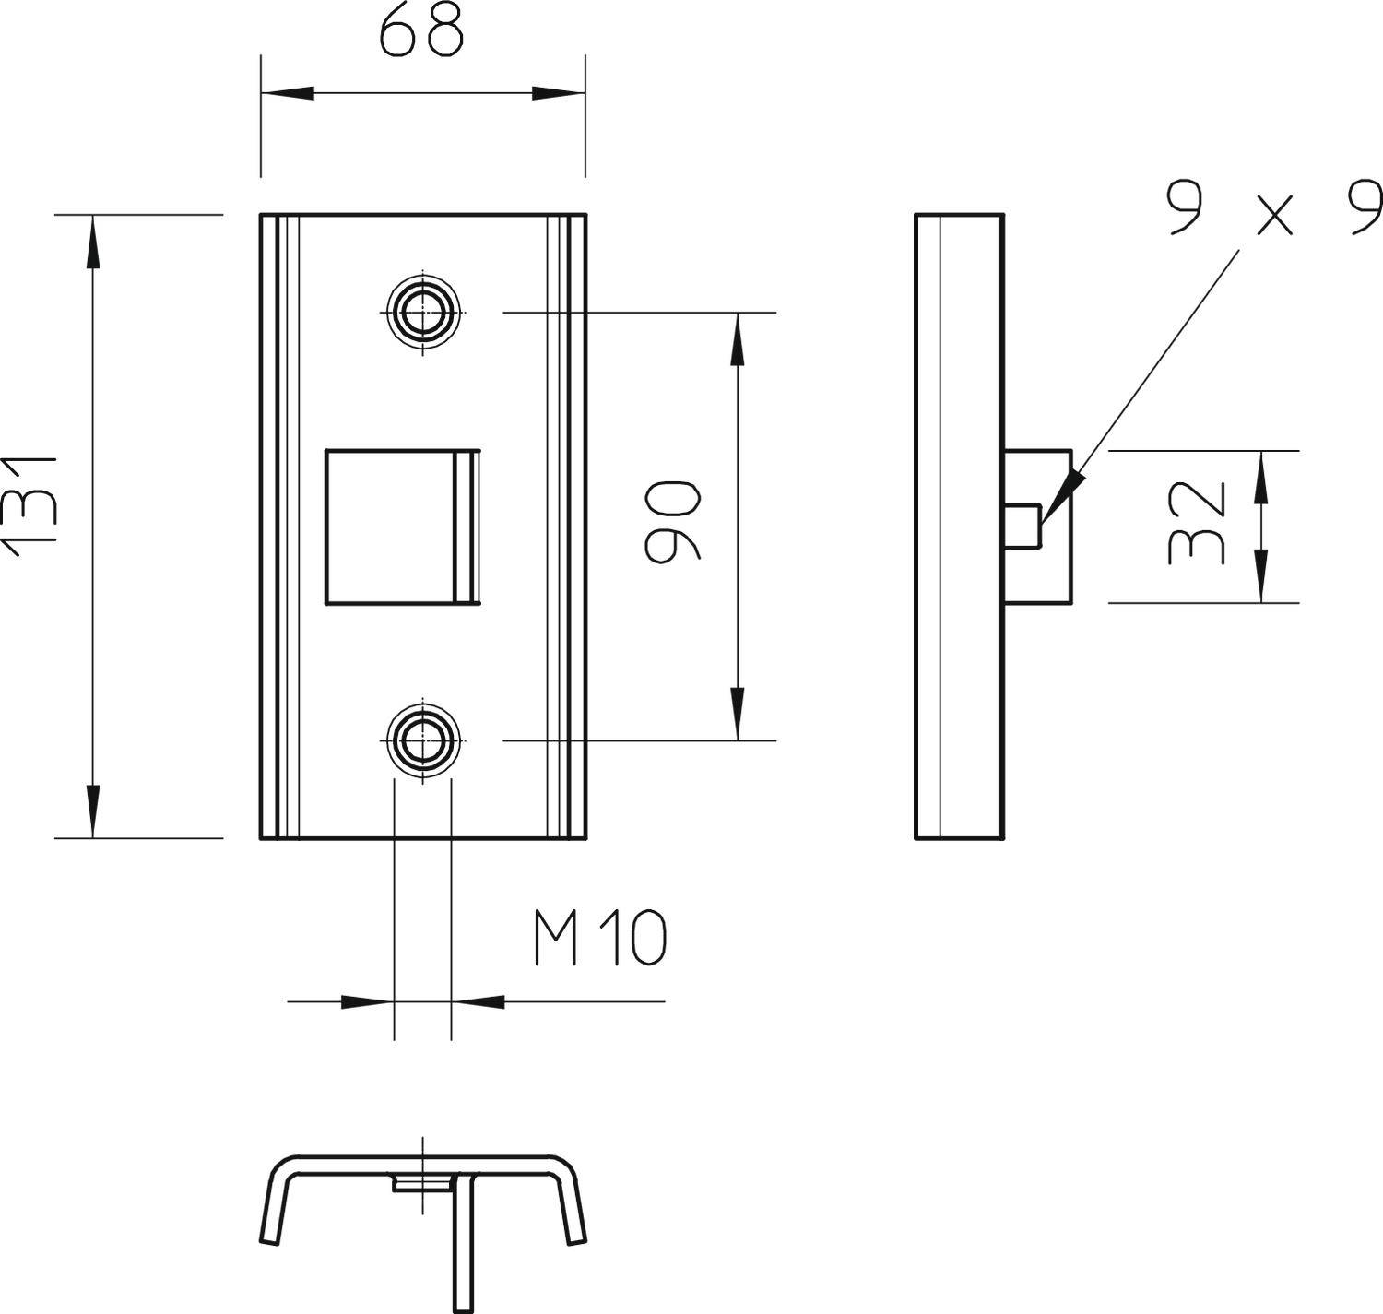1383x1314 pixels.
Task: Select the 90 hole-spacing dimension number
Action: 672,521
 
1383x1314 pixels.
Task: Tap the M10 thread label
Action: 599,939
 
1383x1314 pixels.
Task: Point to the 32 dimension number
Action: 1197,522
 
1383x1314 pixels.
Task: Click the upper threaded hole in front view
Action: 423,313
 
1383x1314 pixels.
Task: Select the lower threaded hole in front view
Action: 423,740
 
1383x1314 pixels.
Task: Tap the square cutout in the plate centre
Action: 391,527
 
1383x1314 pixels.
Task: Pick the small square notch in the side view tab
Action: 1023,526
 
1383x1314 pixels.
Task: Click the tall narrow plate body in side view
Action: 959,527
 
